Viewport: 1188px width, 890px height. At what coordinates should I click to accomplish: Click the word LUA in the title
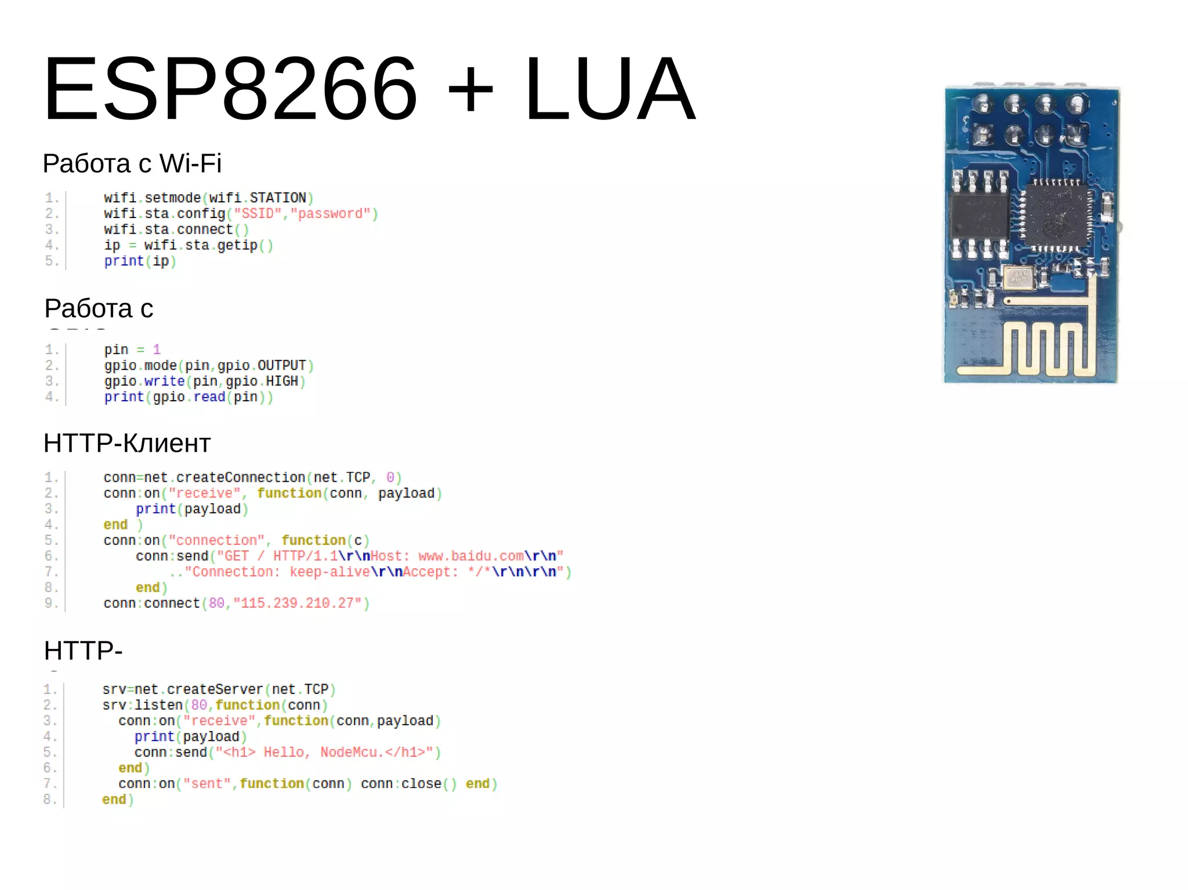(x=609, y=89)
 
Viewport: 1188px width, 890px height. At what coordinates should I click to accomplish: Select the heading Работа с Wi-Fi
(x=132, y=164)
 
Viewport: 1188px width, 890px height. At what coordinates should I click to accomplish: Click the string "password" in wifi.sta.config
(x=330, y=214)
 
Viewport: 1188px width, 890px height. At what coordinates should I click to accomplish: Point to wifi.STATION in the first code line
(x=258, y=198)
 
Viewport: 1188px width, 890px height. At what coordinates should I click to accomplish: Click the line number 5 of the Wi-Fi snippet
(x=51, y=261)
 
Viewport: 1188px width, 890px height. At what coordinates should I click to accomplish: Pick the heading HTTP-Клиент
(x=127, y=444)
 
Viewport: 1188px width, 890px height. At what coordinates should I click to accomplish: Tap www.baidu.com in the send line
(x=470, y=557)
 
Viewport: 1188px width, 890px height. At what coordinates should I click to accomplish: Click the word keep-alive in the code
(x=329, y=572)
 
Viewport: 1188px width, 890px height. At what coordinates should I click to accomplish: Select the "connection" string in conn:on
(x=216, y=540)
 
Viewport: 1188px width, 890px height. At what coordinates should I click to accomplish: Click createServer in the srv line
(x=215, y=689)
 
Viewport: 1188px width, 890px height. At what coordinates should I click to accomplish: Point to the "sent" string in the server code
(x=207, y=784)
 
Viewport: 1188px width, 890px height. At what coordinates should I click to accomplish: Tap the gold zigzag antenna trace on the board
(x=1044, y=348)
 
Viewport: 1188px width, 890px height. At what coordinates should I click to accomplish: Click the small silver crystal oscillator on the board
(x=1019, y=277)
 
